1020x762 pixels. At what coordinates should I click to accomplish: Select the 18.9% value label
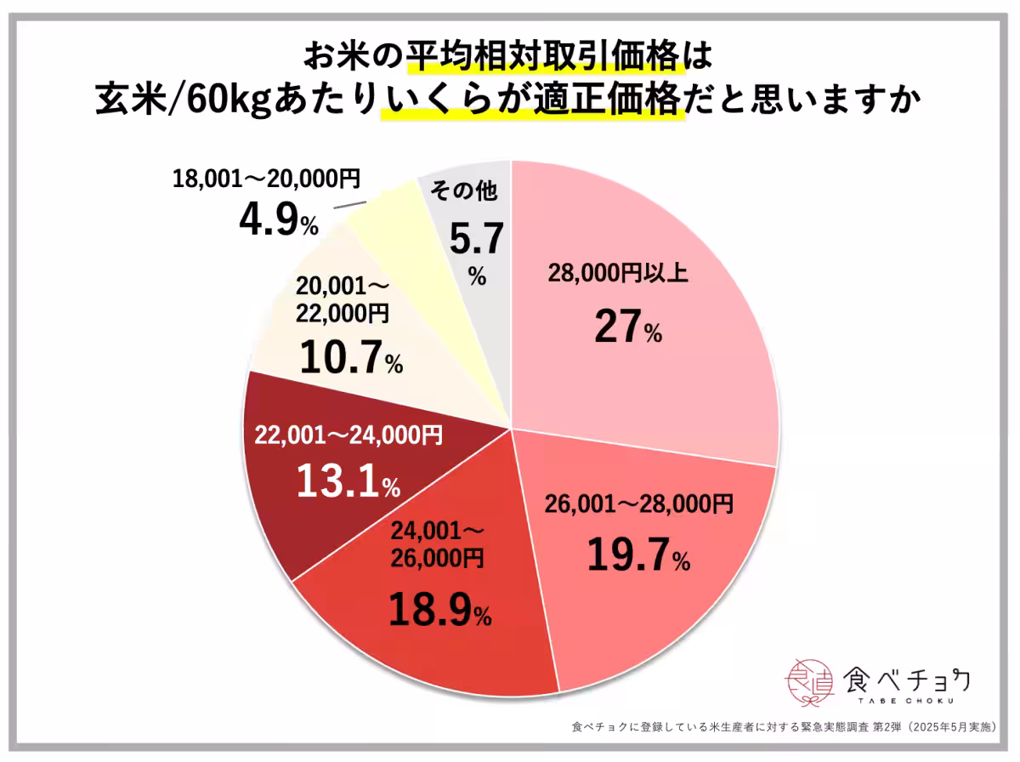tap(439, 609)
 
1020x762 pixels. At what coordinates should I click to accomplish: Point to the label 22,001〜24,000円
tap(348, 436)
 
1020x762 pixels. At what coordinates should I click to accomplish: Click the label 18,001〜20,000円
tap(267, 179)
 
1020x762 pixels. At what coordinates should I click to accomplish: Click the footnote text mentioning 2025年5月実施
tap(786, 728)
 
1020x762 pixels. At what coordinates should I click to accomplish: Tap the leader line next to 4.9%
tap(349, 205)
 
